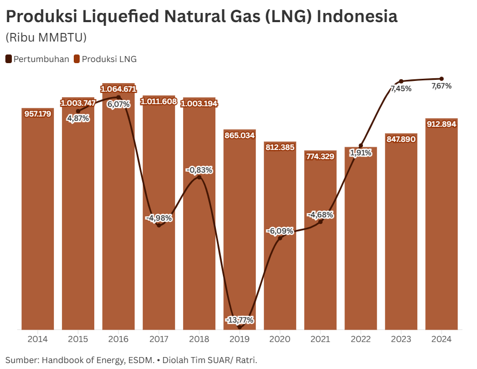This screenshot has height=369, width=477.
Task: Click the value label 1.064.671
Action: pyautogui.click(x=118, y=88)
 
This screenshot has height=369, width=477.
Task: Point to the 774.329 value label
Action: pyautogui.click(x=320, y=156)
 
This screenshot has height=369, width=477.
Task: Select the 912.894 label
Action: pyautogui.click(x=441, y=124)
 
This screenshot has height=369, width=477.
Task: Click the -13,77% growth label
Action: pyautogui.click(x=240, y=320)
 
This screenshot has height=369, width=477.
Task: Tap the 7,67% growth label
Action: pyautogui.click(x=441, y=86)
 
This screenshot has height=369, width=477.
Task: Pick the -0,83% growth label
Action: pyautogui.click(x=199, y=170)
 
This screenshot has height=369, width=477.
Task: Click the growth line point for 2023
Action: pyautogui.click(x=401, y=81)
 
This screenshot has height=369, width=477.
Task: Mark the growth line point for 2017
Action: pyautogui.click(x=159, y=225)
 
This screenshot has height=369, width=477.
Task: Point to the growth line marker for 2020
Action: pyautogui.click(x=280, y=238)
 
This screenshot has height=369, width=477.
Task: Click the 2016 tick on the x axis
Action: pyautogui.click(x=118, y=339)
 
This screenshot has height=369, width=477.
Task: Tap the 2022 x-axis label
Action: pyautogui.click(x=361, y=339)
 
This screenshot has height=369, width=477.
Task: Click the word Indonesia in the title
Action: pyautogui.click(x=357, y=17)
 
